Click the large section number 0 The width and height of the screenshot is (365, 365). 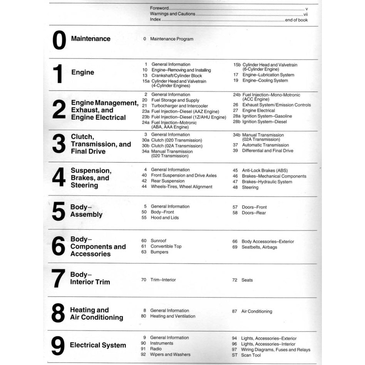click(59, 40)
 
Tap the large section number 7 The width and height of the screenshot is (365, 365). click(58, 278)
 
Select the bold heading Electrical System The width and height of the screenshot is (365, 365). click(98, 345)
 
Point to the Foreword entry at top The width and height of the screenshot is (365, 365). click(159, 8)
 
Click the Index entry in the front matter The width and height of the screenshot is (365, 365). click(156, 20)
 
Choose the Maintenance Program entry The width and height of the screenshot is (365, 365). click(172, 39)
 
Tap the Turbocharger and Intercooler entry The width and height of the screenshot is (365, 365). click(179, 106)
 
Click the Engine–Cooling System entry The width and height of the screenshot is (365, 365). click(265, 80)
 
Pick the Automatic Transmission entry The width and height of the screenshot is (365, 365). click(265, 145)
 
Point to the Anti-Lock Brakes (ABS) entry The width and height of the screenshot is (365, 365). click(265, 170)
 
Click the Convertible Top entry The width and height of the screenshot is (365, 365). click(166, 246)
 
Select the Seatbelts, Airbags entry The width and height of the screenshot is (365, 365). click(259, 247)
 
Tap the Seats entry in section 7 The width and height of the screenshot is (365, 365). click(247, 280)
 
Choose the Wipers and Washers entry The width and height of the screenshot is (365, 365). click(170, 355)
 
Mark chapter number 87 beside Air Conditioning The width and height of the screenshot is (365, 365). click(234, 311)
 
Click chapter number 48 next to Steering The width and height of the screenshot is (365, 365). click(235, 188)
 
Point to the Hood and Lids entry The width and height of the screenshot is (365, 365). click(164, 218)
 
